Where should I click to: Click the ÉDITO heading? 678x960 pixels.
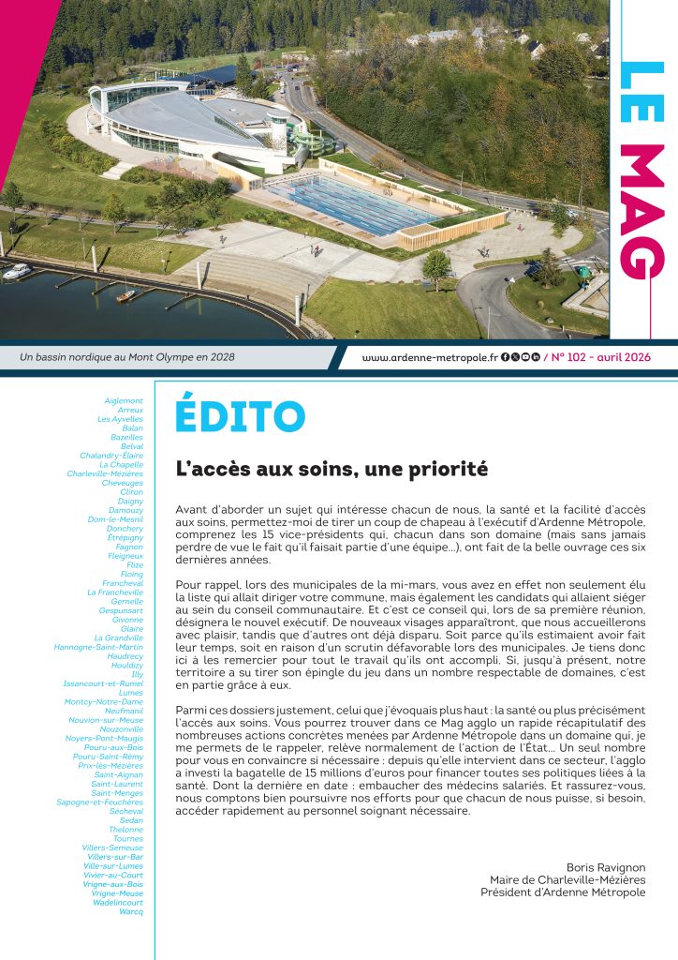pyautogui.click(x=241, y=416)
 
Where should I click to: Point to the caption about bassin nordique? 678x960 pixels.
pyautogui.click(x=127, y=357)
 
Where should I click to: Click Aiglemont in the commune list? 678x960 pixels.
pyautogui.click(x=124, y=400)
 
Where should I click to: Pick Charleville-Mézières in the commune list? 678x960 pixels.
pyautogui.click(x=105, y=473)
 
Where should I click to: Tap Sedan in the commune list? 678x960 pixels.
pyautogui.click(x=131, y=819)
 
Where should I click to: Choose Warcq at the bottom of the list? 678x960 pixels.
pyautogui.click(x=131, y=910)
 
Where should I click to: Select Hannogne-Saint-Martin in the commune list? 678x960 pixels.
pyautogui.click(x=98, y=647)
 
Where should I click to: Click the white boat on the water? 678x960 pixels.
pyautogui.click(x=17, y=271)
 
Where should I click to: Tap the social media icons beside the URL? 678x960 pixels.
pyautogui.click(x=521, y=357)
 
